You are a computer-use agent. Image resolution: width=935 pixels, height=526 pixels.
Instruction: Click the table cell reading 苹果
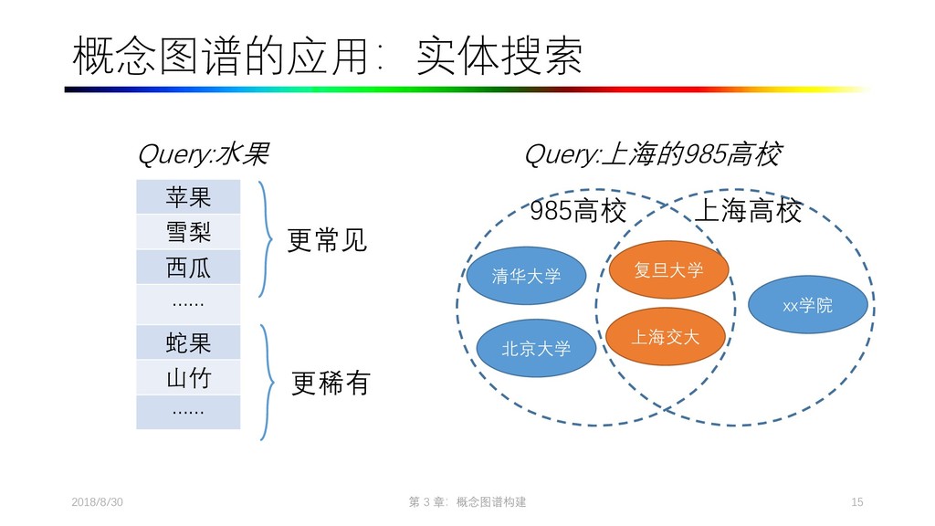(x=188, y=196)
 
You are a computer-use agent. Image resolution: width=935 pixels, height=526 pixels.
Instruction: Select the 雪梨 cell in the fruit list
(x=188, y=232)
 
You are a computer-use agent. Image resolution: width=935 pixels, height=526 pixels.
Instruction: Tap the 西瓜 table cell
(x=188, y=268)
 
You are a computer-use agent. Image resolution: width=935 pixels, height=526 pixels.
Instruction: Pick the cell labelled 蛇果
(x=188, y=342)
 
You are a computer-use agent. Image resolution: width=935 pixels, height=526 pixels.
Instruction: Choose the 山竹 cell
(x=188, y=378)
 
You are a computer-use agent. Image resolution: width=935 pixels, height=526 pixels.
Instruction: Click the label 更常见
(x=327, y=241)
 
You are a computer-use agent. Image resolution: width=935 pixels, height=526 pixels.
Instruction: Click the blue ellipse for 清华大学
(x=526, y=276)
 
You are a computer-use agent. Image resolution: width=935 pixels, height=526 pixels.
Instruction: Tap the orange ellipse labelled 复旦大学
(x=668, y=269)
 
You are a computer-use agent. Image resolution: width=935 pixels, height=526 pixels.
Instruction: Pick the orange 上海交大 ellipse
(x=666, y=337)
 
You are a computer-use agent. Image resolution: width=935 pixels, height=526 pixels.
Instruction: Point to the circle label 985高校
(x=578, y=213)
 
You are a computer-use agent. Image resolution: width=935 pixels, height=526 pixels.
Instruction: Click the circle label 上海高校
(x=749, y=213)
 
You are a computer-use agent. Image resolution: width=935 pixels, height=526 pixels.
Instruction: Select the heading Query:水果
(x=203, y=156)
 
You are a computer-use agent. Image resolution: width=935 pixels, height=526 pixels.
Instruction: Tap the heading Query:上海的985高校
(x=652, y=156)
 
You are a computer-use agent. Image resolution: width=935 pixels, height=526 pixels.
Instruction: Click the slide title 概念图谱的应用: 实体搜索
(x=327, y=57)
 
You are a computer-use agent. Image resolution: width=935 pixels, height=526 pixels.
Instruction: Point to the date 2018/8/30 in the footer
(x=97, y=503)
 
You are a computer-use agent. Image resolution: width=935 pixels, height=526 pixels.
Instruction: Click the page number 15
(x=856, y=503)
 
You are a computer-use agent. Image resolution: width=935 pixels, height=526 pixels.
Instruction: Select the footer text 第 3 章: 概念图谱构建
(x=468, y=503)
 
